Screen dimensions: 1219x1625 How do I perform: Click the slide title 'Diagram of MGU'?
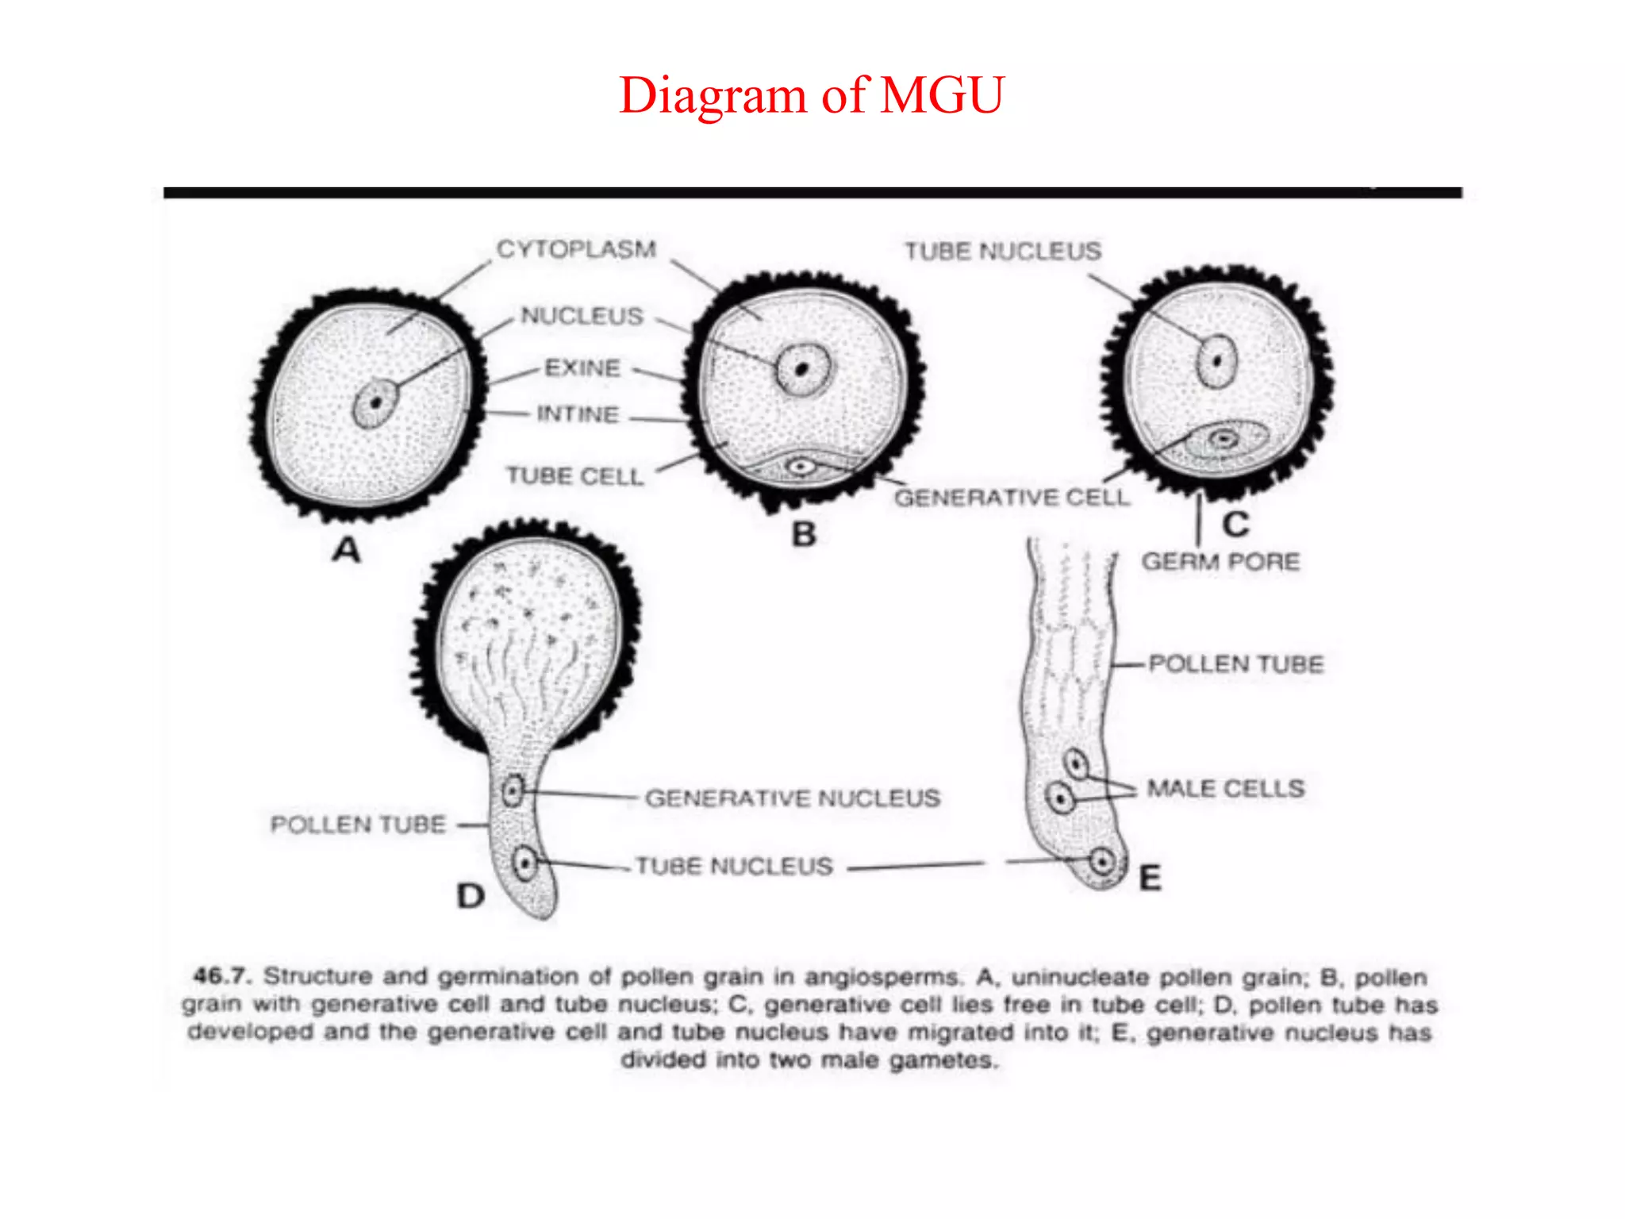811,95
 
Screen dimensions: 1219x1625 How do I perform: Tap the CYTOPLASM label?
576,249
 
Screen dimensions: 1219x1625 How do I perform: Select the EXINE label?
582,368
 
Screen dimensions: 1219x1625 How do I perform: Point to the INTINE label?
578,414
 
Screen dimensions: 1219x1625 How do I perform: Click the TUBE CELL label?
574,476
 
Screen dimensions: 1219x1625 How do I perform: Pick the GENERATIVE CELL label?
1012,498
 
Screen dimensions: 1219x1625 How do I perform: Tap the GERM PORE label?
1220,562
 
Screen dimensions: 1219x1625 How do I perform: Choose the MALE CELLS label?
1226,788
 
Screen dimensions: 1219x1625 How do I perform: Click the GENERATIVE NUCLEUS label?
792,798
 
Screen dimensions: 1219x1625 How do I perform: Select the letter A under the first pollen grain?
347,549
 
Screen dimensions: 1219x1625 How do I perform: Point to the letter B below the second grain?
804,534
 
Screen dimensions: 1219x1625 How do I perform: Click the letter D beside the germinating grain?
471,896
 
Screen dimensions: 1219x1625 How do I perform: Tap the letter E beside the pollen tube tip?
1150,879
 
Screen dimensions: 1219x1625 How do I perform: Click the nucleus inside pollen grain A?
375,403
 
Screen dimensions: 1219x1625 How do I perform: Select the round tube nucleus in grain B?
803,369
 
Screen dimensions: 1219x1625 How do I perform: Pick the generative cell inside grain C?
1225,439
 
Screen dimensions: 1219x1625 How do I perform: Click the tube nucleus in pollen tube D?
524,863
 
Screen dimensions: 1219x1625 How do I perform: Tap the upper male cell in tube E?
1076,764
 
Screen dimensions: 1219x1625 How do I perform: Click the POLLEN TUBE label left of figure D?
358,825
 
